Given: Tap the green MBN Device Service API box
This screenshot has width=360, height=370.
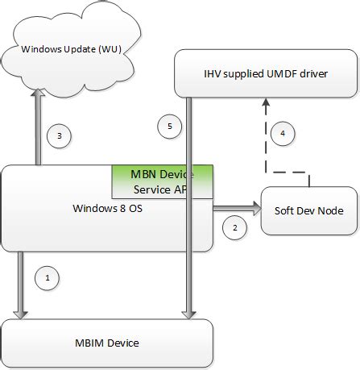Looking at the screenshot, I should coord(163,182).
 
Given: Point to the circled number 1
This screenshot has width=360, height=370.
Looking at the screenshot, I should coord(48,278).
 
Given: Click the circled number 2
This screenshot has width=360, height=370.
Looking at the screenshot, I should coord(234,228).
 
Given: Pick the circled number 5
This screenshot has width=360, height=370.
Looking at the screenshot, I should coord(169,126).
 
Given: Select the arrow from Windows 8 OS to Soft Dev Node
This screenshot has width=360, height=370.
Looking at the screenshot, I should coord(238,210).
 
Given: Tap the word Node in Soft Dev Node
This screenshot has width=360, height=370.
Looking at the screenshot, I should coord(329,210).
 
